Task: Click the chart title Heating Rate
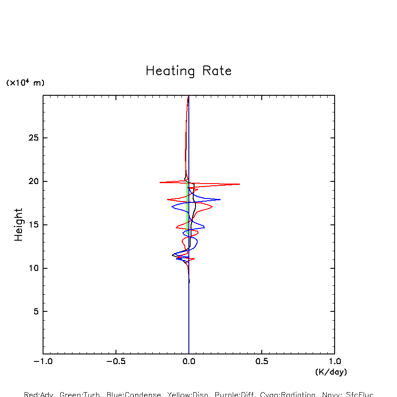pyautogui.click(x=188, y=71)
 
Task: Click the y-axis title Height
pyautogui.click(x=18, y=225)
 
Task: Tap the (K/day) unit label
pyautogui.click(x=331, y=372)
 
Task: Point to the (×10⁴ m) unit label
pyautogui.click(x=25, y=83)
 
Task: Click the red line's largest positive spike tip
pyautogui.click(x=239, y=184)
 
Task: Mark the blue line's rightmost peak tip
pyautogui.click(x=220, y=199)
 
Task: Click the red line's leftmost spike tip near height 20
pyautogui.click(x=160, y=182)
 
